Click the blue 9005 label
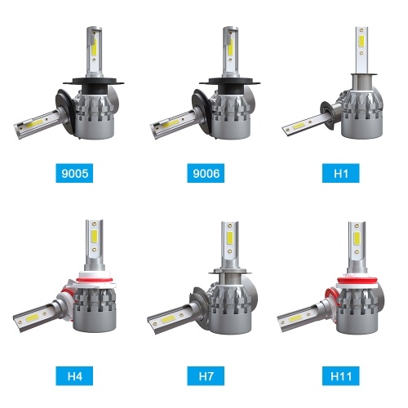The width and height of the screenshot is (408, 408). point(74,173)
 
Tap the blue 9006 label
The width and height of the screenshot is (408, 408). point(206,173)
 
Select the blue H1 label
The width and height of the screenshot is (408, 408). point(341,173)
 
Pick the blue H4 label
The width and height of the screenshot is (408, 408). point(74,376)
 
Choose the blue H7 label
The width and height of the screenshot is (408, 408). point(206,376)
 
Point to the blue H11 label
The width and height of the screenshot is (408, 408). point(341,376)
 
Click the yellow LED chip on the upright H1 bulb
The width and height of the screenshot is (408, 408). point(361,41)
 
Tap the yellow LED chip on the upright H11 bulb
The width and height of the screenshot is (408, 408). point(357,238)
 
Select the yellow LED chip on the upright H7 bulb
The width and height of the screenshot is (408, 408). point(230,237)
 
